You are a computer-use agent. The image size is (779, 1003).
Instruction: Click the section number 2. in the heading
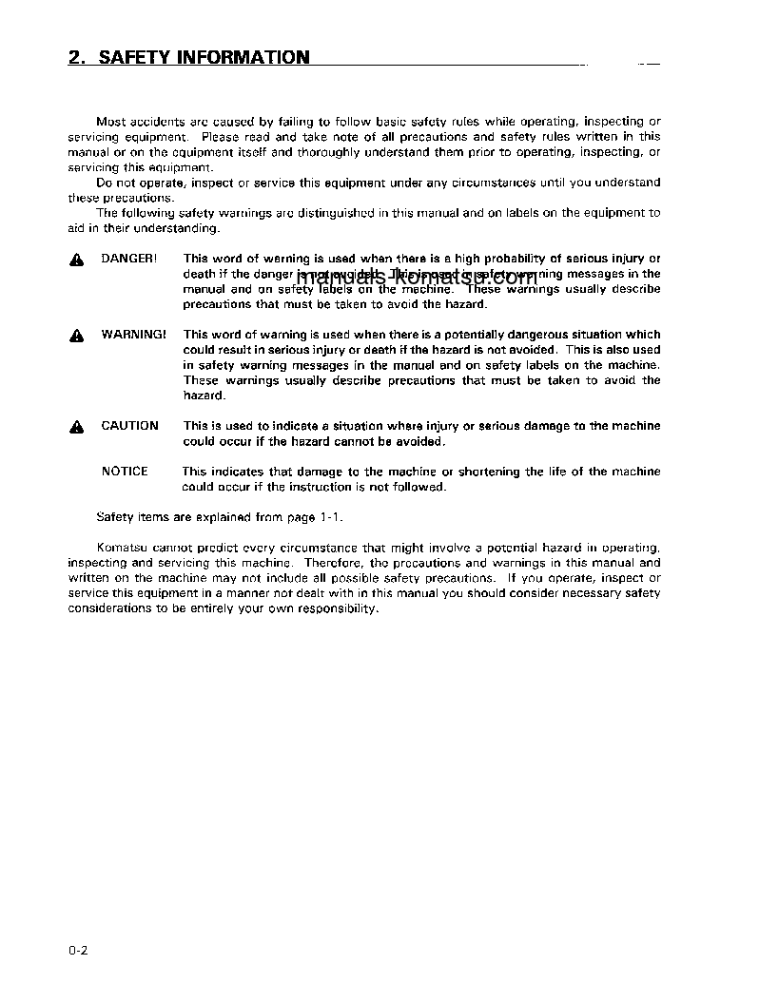click(x=78, y=58)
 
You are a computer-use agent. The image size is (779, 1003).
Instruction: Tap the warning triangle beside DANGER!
click(x=76, y=260)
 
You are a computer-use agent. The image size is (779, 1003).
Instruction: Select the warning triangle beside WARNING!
click(x=76, y=336)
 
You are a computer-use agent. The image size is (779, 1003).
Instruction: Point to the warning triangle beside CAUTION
click(x=76, y=427)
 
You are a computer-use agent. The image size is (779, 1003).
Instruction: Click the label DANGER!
click(x=129, y=259)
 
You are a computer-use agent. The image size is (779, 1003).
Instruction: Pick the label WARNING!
click(x=133, y=335)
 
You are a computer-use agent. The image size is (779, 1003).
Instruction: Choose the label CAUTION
click(x=130, y=426)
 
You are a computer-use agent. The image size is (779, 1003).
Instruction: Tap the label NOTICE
click(x=125, y=472)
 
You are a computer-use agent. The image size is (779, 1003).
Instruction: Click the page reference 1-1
click(x=328, y=517)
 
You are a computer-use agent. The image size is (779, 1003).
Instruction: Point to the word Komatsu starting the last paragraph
click(x=120, y=548)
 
